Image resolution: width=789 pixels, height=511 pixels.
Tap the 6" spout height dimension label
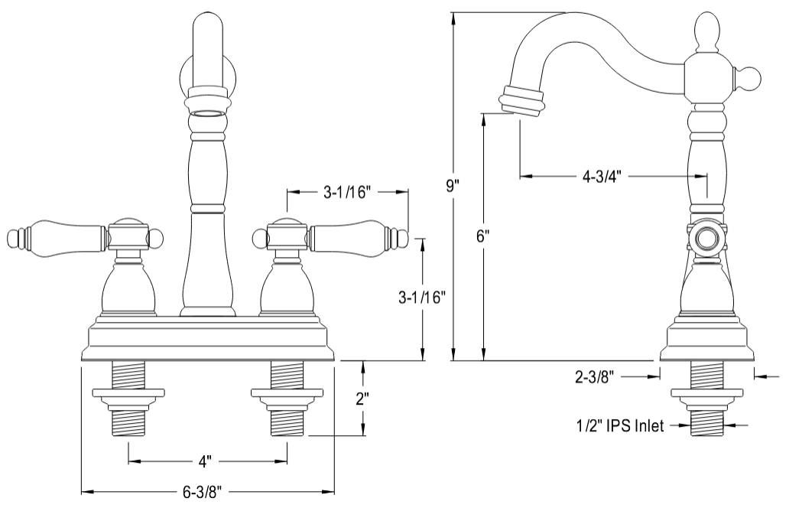(x=482, y=236)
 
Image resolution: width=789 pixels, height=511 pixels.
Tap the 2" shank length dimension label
(x=362, y=399)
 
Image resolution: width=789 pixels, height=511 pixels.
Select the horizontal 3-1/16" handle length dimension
(x=346, y=192)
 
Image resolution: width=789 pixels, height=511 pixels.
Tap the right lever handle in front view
(x=353, y=236)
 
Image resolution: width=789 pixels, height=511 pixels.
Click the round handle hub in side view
(x=706, y=240)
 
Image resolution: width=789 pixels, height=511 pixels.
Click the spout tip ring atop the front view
(x=208, y=104)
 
